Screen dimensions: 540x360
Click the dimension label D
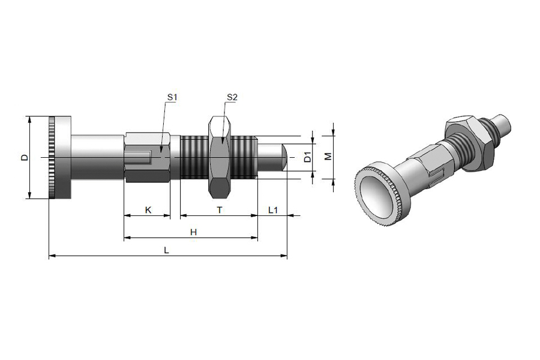click(x=24, y=157)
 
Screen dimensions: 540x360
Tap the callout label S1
click(x=172, y=97)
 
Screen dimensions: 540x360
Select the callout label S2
click(x=232, y=97)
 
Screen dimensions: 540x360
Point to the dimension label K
click(x=148, y=210)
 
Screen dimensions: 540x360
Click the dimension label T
click(x=220, y=210)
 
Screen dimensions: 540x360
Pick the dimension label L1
click(x=273, y=210)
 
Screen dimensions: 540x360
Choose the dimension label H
click(x=193, y=233)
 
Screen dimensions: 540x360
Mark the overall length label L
click(x=166, y=250)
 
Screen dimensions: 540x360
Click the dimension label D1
click(x=308, y=157)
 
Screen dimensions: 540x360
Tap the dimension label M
click(x=328, y=156)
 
